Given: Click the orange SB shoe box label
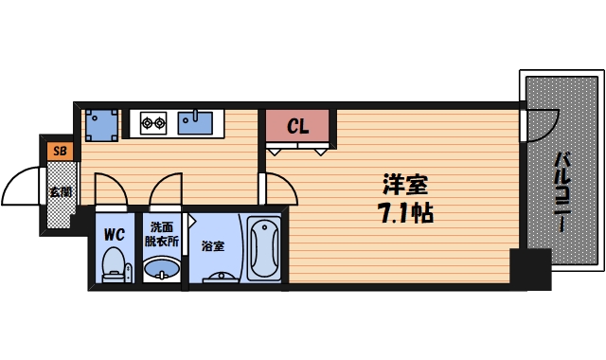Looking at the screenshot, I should (x=60, y=151).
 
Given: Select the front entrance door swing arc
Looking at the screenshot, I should (x=21, y=188).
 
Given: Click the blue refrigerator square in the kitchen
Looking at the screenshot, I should (x=100, y=123).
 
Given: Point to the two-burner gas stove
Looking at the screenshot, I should (x=153, y=120).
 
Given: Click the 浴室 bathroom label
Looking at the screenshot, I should (x=212, y=246).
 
